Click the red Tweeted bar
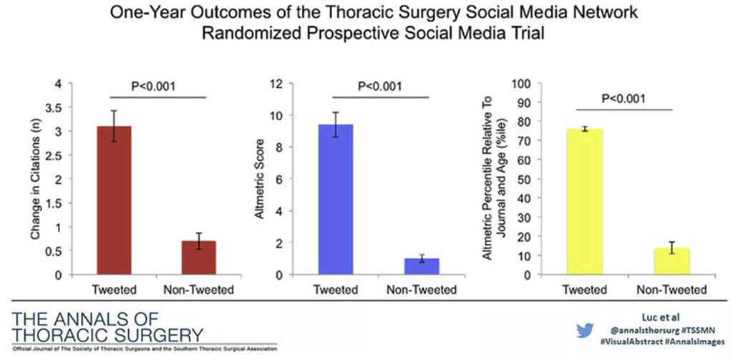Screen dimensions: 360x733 tap(113, 200)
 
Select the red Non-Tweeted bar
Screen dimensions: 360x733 tap(198, 258)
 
